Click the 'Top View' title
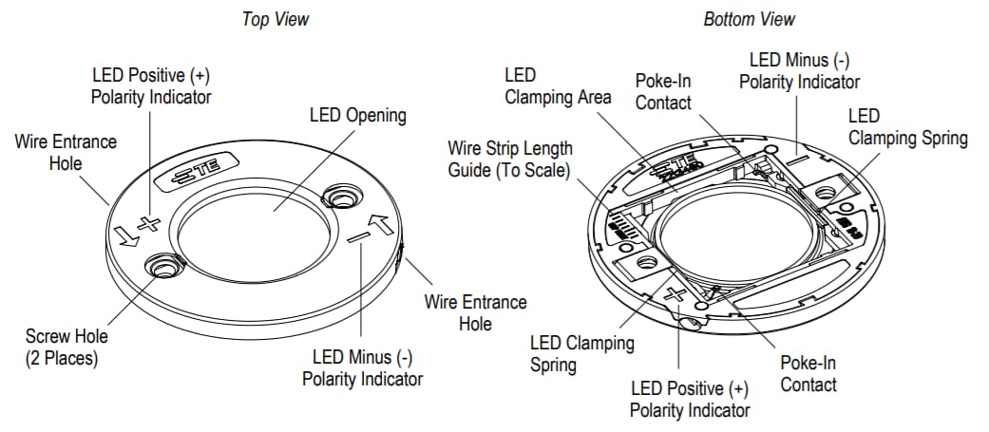tap(276, 19)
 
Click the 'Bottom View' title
tap(749, 19)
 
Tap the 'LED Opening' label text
tap(358, 116)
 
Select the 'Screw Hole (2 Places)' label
tap(67, 347)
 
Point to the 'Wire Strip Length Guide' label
tap(510, 160)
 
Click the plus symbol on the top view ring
tap(147, 225)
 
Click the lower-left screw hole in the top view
tap(165, 269)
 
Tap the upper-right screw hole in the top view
tap(340, 197)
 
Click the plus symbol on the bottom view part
tap(676, 293)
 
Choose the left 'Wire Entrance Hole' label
tap(67, 152)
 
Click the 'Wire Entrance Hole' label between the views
tap(475, 312)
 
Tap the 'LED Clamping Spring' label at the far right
tap(907, 127)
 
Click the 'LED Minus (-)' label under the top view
tap(362, 367)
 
